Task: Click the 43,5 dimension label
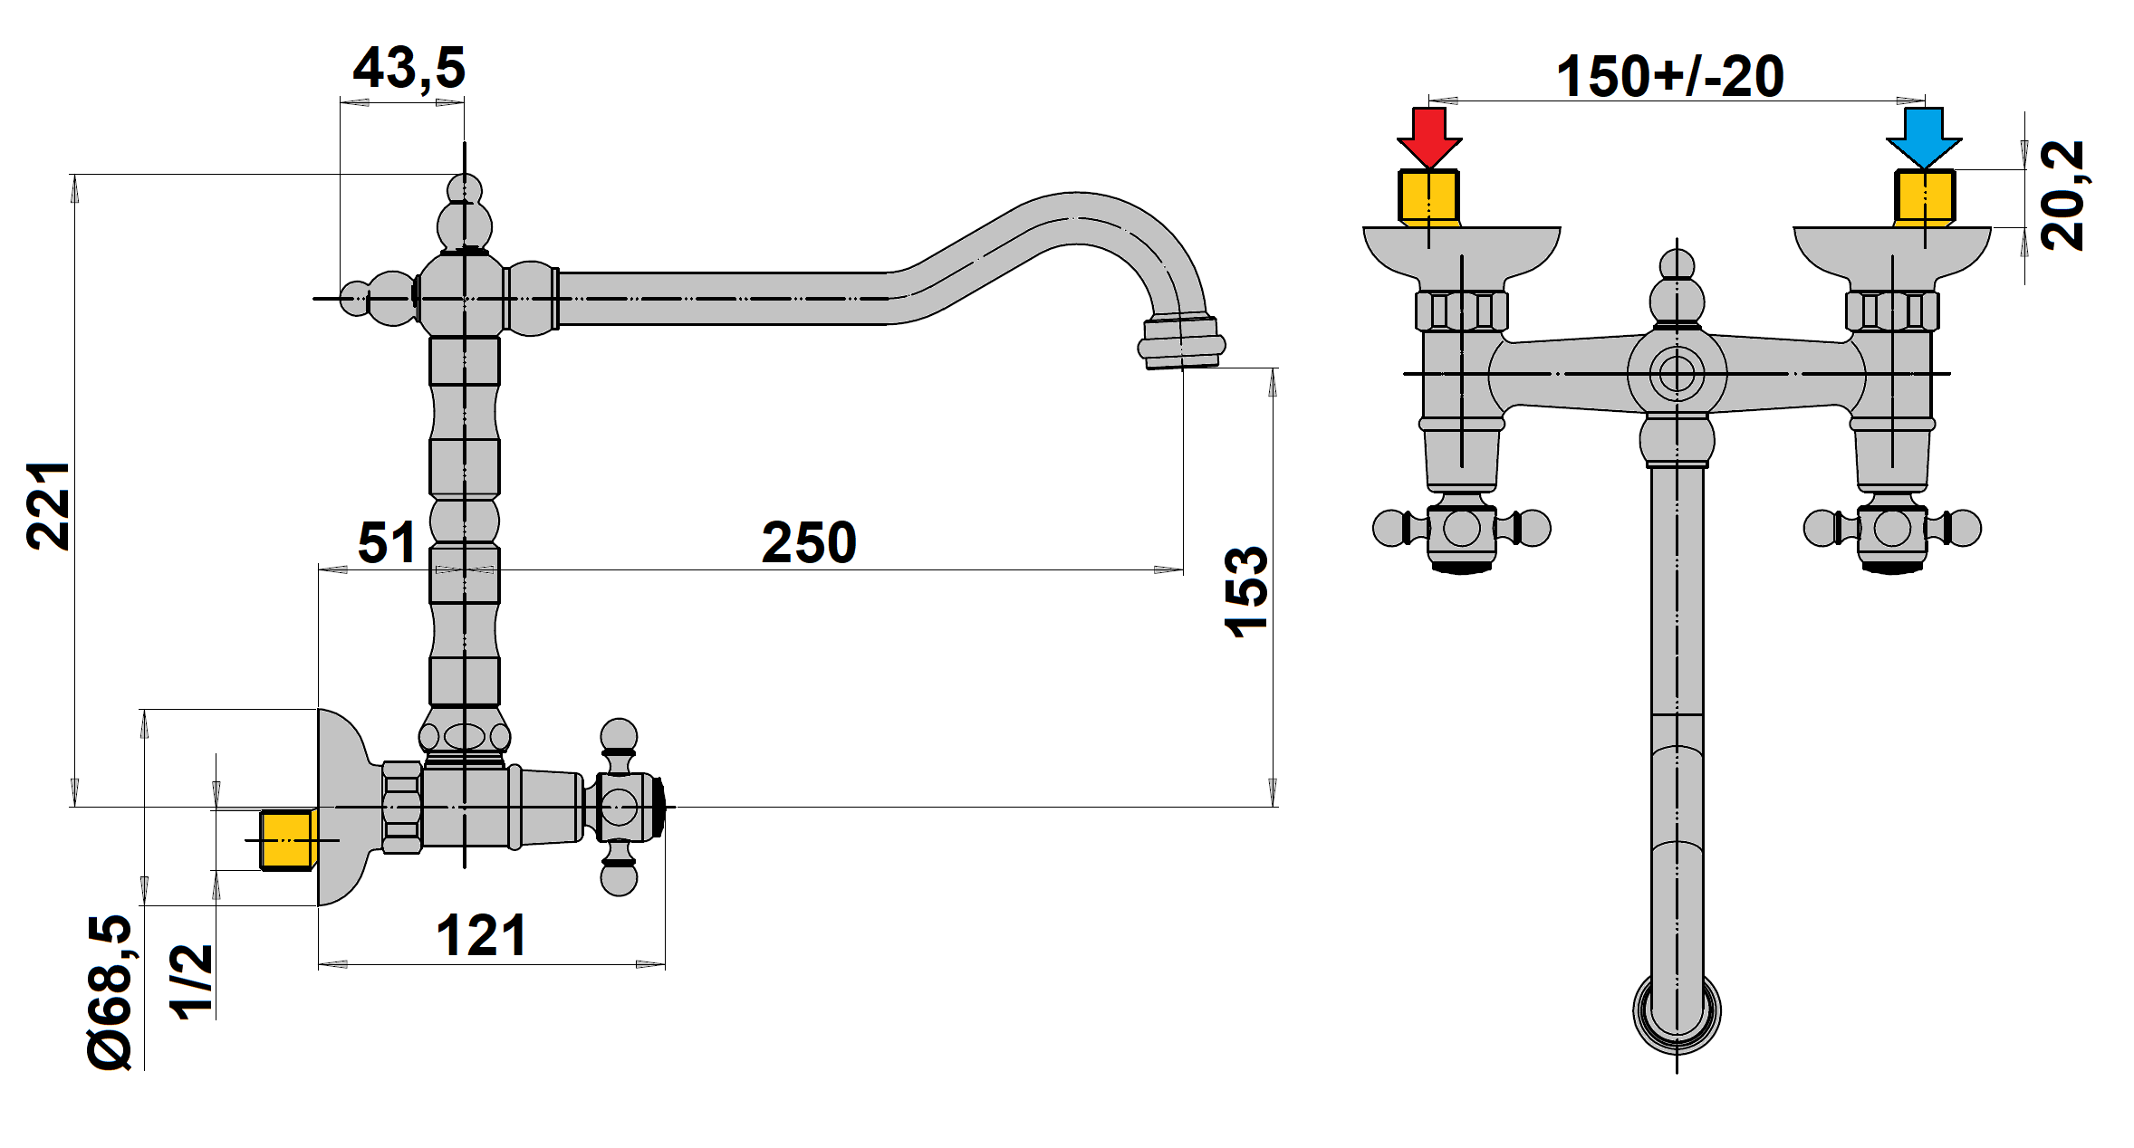[409, 68]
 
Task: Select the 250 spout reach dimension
[809, 542]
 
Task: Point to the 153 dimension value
[1246, 592]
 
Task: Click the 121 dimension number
[482, 935]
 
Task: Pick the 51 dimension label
[387, 542]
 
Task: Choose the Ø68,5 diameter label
[110, 992]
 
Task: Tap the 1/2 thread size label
[193, 981]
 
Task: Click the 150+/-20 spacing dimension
[1670, 76]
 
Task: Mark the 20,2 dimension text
[2062, 195]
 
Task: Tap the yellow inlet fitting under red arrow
[1429, 197]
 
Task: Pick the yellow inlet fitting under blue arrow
[1925, 197]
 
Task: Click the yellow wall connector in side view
[287, 840]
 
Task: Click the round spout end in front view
[1677, 1011]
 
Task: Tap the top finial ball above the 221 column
[465, 190]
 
